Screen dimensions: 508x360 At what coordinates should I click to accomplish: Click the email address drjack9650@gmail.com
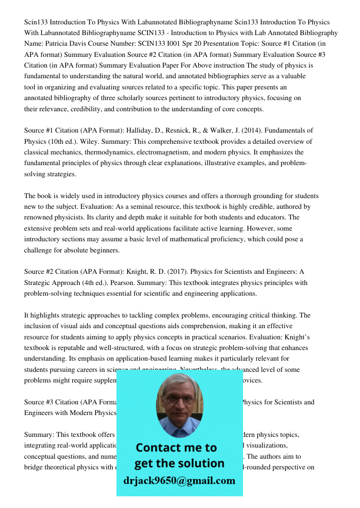(x=179, y=481)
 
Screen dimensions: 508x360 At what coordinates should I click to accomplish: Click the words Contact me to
(x=176, y=448)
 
